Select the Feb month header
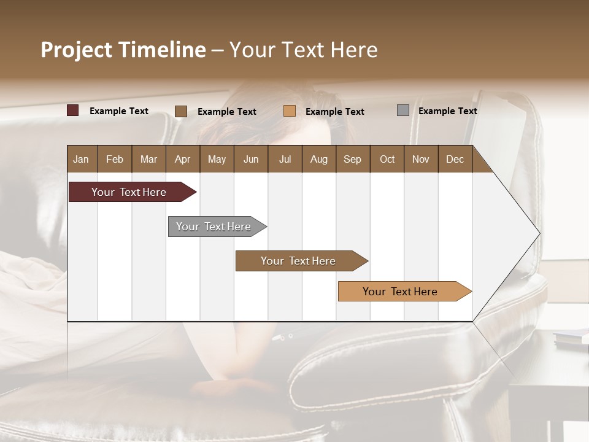click(x=115, y=159)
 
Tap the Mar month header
click(x=148, y=159)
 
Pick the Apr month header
click(x=183, y=159)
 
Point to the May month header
click(x=217, y=159)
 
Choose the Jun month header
click(x=251, y=159)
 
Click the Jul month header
click(x=285, y=159)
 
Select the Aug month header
click(x=319, y=159)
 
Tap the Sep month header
click(x=353, y=159)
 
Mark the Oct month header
click(x=387, y=159)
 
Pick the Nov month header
click(x=421, y=159)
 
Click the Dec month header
click(x=455, y=159)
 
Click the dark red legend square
click(x=73, y=110)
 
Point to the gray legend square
click(x=403, y=110)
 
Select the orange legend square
click(x=290, y=111)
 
